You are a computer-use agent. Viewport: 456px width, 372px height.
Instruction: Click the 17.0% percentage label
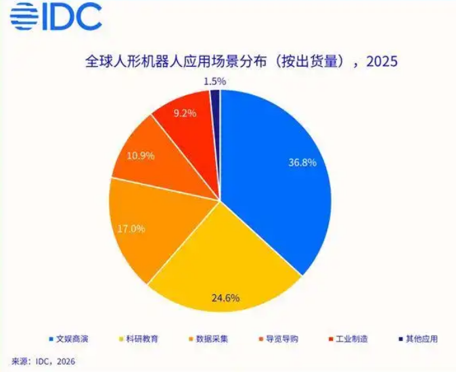131,229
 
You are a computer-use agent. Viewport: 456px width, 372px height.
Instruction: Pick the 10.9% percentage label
141,156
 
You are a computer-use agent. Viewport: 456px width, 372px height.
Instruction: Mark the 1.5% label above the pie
214,81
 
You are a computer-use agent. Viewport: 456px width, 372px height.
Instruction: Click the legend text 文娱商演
74,339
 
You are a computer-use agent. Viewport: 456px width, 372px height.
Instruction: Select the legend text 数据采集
212,339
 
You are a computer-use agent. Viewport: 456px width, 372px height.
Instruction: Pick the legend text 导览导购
282,339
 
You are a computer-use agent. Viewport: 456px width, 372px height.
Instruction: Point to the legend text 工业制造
352,339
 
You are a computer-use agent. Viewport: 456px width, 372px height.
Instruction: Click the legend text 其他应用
421,339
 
